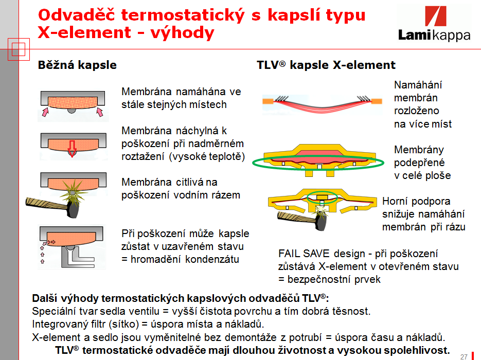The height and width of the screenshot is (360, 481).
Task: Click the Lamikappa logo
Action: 434,24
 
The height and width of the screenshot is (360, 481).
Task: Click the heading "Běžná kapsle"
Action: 77,65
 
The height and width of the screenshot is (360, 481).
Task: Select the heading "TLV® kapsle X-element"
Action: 326,65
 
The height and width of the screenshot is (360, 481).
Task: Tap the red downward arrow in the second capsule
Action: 72,149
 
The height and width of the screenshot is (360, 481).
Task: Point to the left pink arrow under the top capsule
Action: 45,112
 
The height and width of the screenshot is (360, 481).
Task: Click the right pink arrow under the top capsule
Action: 99,112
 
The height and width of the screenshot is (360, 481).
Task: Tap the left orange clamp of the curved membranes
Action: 268,101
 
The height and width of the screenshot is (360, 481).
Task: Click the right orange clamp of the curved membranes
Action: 377,101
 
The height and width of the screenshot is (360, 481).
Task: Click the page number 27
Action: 464,356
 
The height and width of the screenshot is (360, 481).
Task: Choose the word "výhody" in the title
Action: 182,33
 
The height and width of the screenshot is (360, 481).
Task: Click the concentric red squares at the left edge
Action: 19,49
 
